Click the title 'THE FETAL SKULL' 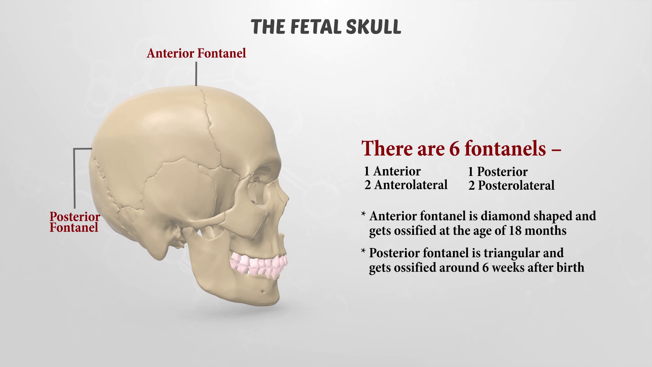tap(326, 27)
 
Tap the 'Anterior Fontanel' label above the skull tap(196, 53)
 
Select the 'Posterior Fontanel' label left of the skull tap(75, 222)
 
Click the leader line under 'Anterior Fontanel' tap(196, 73)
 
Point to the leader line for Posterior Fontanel tap(74, 177)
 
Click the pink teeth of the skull tap(258, 265)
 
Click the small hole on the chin tap(262, 291)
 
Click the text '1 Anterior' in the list tap(392, 171)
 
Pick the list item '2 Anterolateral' tap(406, 185)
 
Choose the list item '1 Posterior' tap(497, 172)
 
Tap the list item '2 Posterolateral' tap(511, 186)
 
